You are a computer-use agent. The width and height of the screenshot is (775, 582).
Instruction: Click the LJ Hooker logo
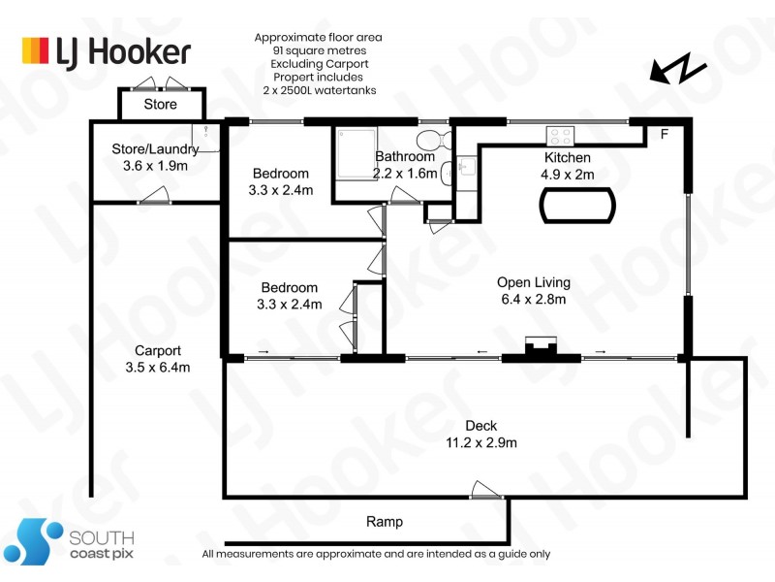tap(107, 50)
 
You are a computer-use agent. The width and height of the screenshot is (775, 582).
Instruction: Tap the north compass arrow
tap(677, 71)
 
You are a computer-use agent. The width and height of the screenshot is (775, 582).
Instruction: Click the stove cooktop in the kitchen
tap(562, 135)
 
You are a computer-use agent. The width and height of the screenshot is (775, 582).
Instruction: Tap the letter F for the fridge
tap(664, 134)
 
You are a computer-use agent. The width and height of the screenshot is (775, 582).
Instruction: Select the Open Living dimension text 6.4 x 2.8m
tap(534, 300)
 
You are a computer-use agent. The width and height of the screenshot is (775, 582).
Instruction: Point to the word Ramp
tap(384, 522)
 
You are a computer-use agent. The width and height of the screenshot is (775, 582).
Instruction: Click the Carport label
tap(158, 350)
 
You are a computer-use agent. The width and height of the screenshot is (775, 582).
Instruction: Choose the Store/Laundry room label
tap(155, 149)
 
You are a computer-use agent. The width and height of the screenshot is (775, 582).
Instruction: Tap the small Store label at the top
tap(161, 104)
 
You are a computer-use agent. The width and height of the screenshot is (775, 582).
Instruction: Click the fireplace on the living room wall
tap(540, 346)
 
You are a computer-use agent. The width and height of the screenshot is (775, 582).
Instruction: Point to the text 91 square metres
tap(318, 50)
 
